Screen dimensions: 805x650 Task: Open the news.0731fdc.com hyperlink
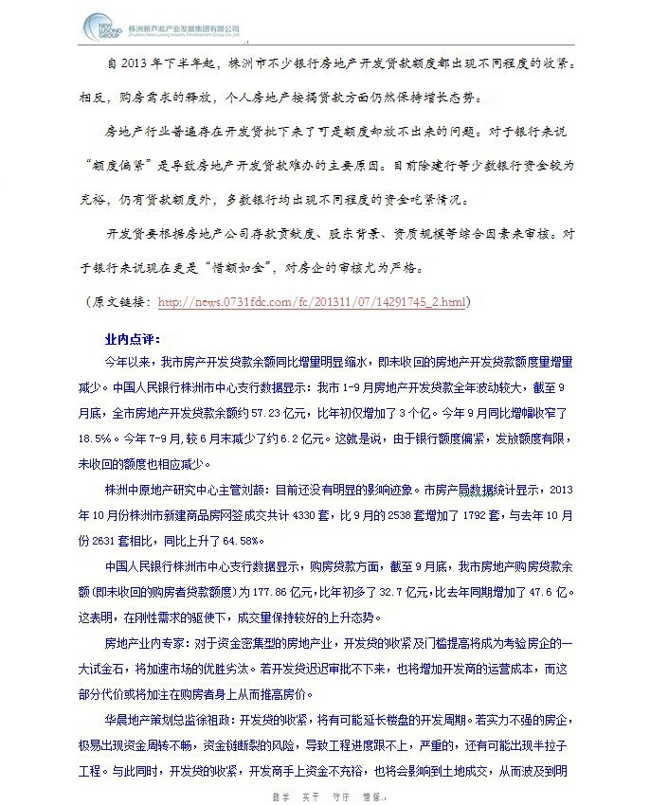tap(312, 303)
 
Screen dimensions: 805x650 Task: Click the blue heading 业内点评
tap(134, 338)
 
